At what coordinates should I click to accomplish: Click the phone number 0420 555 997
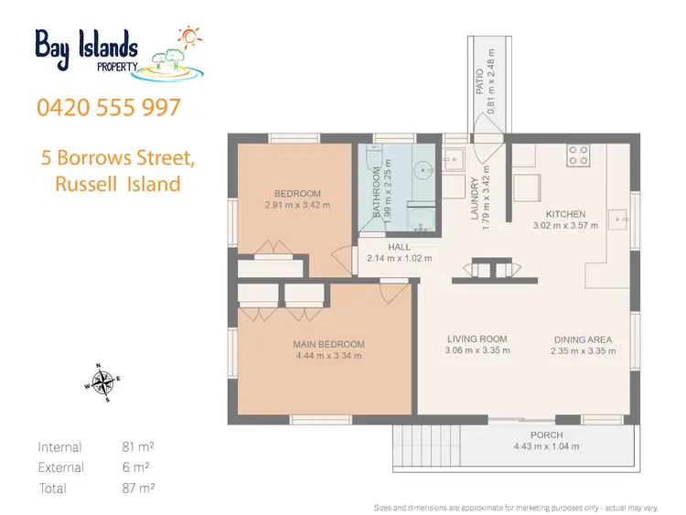point(109,107)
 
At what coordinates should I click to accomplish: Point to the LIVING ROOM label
point(477,338)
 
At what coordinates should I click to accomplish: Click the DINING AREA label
point(581,339)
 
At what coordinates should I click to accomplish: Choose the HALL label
point(399,247)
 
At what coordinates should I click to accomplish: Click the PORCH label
point(546,435)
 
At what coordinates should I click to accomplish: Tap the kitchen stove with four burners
point(577,156)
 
